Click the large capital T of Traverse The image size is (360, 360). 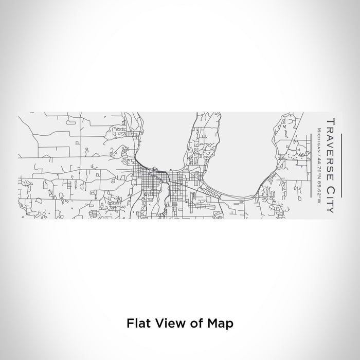click(330, 121)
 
